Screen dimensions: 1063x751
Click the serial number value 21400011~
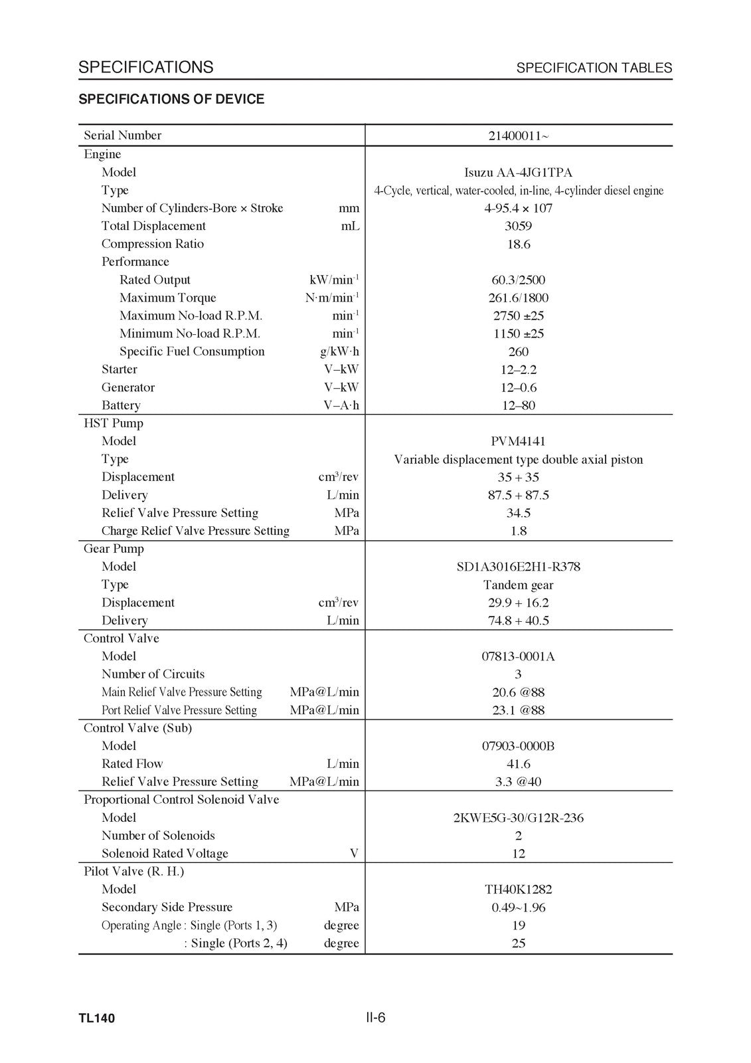[518, 136]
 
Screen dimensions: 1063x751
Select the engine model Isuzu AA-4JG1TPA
[518, 173]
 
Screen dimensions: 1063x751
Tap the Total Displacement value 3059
[518, 227]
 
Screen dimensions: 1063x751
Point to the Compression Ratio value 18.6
[518, 244]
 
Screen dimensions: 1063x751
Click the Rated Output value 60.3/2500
[518, 280]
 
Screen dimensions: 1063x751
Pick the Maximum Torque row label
[167, 298]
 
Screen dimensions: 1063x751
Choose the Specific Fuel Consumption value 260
[518, 352]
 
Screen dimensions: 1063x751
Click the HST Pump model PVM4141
[518, 442]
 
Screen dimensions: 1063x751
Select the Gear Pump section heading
[114, 549]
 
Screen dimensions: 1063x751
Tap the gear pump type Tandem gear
[518, 585]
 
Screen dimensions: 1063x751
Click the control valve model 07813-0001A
[518, 657]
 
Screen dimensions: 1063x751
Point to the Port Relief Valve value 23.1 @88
[518, 711]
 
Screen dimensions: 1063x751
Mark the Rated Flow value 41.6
[518, 765]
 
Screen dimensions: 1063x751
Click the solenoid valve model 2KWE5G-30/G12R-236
[518, 819]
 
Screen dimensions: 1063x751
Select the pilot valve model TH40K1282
[518, 890]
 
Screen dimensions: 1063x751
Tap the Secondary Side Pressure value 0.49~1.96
[518, 908]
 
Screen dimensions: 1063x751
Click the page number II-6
[375, 1018]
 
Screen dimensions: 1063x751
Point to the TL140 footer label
[96, 1018]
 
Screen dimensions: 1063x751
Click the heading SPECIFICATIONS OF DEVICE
[171, 100]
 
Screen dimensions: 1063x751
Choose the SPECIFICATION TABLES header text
[594, 68]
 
